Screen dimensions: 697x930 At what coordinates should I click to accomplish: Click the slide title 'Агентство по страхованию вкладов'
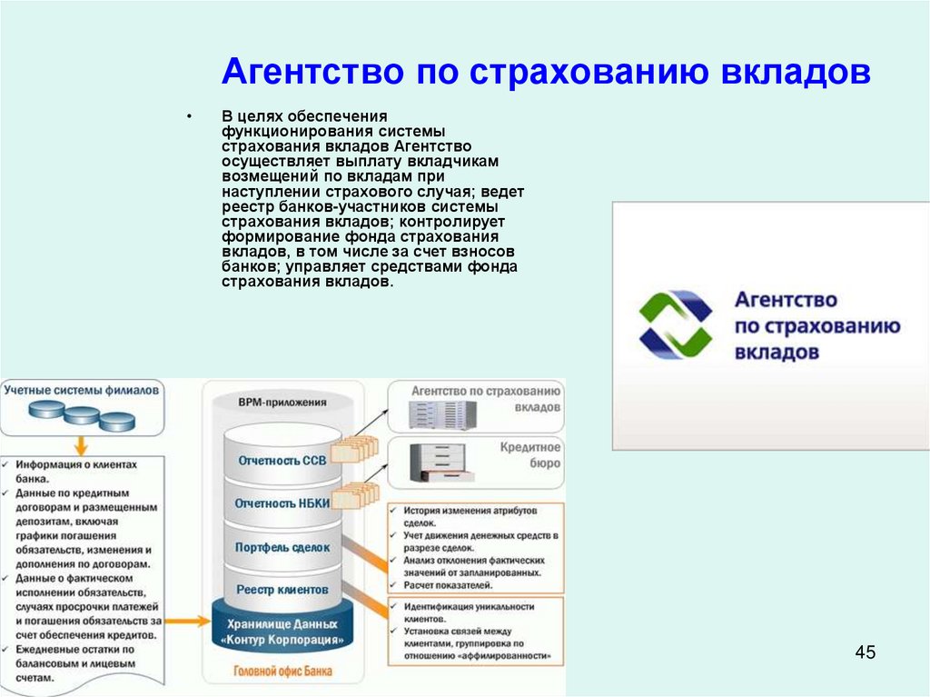point(547,73)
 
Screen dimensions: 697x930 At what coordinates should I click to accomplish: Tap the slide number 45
point(865,652)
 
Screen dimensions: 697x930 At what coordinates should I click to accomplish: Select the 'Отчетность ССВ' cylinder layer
point(282,461)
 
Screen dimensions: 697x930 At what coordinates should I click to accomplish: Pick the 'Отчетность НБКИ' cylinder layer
point(282,503)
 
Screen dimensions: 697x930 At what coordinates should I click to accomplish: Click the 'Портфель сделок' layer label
point(282,547)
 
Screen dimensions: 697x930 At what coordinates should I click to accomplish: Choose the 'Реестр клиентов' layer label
point(282,590)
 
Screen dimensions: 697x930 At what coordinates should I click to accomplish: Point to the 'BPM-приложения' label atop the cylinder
point(282,401)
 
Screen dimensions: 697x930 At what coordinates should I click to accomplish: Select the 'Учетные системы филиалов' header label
point(82,390)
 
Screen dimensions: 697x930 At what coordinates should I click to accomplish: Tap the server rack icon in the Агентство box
point(443,415)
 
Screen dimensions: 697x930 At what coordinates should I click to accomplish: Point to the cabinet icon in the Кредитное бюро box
point(442,463)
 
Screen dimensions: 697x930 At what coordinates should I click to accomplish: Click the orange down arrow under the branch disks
point(81,445)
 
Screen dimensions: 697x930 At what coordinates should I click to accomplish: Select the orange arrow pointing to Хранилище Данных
point(187,622)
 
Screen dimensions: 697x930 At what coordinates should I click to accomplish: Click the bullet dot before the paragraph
point(189,117)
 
